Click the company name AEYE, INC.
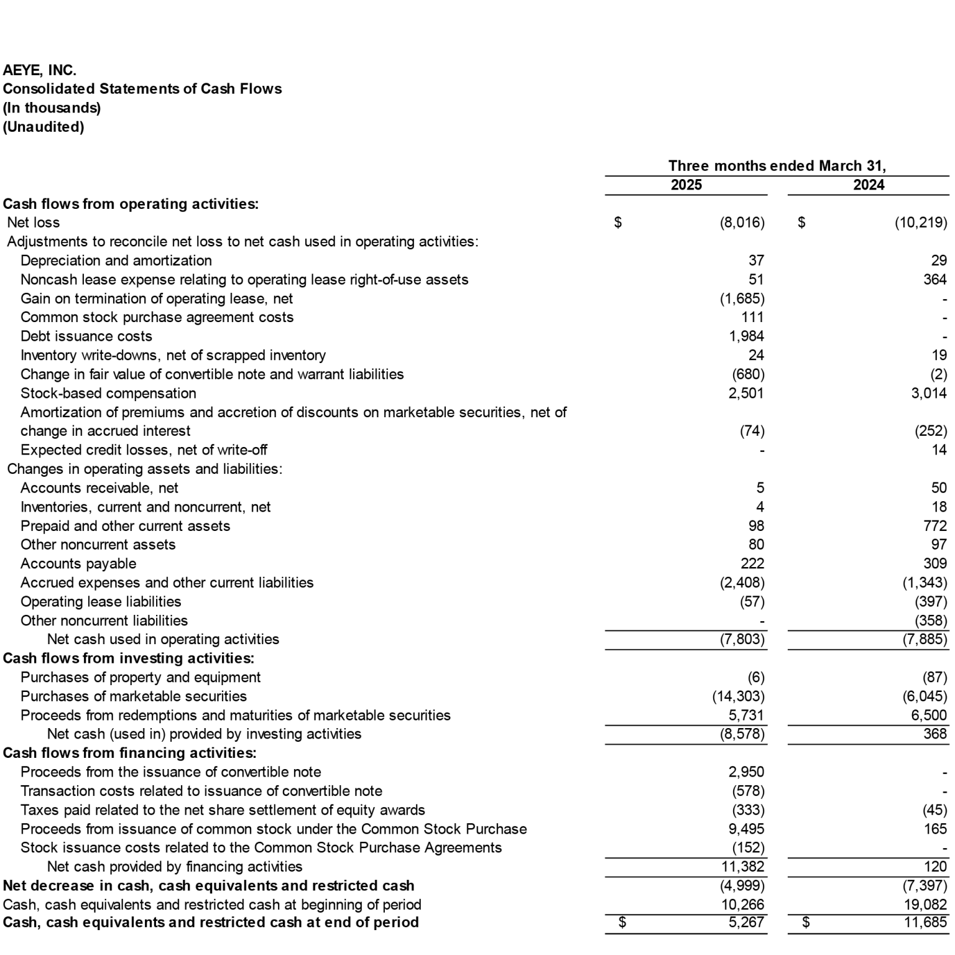(40, 70)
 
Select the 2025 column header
(686, 185)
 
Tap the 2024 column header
(868, 185)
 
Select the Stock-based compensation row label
(108, 393)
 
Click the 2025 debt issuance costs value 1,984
(746, 336)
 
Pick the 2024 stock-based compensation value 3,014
(929, 393)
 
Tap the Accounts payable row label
(78, 563)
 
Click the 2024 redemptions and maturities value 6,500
(929, 715)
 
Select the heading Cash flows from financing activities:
(129, 753)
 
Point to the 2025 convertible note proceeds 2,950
(746, 772)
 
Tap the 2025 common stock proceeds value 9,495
(746, 829)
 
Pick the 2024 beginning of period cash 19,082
(926, 905)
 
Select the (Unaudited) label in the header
(44, 127)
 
